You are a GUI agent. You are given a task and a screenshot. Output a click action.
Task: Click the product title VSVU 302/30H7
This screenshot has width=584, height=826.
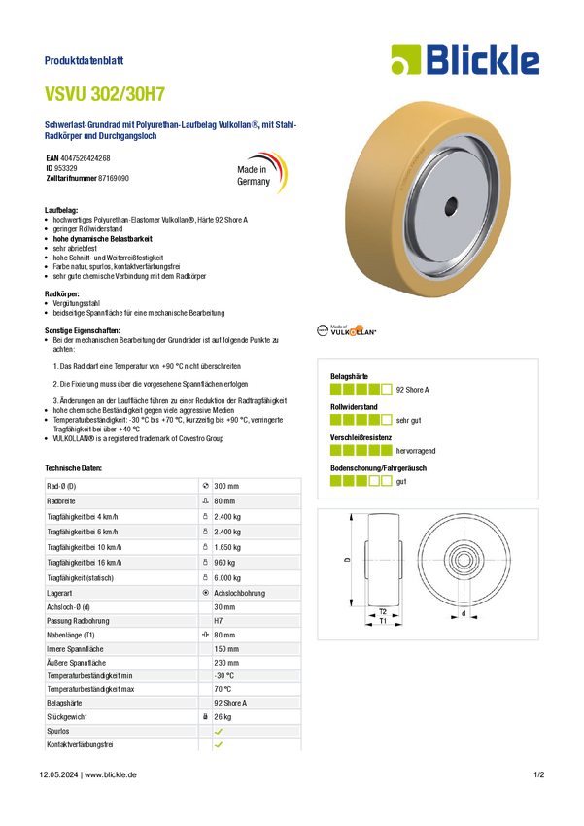105,93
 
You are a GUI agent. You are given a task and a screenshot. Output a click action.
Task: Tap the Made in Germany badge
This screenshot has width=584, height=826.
261,173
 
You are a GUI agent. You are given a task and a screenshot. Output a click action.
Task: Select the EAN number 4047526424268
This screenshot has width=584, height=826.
86,158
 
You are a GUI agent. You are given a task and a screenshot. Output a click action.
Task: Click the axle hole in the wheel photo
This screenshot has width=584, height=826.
451,205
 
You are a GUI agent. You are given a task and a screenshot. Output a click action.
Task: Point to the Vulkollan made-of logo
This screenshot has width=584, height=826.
347,330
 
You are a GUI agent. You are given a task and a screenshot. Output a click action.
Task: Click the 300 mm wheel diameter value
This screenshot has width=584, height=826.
226,486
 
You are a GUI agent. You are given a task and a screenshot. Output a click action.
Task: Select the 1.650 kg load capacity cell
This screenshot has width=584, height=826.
227,547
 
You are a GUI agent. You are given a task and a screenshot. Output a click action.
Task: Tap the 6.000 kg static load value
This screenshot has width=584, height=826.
227,578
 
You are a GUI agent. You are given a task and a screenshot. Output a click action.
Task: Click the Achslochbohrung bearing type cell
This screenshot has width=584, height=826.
240,593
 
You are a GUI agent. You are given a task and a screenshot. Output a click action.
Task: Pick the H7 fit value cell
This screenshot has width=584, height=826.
219,621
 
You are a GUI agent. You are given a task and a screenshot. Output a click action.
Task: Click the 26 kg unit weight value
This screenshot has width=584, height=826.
223,717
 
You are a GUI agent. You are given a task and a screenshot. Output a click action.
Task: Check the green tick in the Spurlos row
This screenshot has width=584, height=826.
219,731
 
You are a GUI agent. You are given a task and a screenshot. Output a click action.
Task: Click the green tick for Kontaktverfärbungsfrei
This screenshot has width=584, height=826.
219,745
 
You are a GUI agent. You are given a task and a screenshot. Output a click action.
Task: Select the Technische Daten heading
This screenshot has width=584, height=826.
73,468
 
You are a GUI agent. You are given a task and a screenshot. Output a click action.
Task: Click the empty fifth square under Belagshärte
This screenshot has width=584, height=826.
387,390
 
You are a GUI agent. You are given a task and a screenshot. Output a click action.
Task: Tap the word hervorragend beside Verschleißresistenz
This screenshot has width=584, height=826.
416,451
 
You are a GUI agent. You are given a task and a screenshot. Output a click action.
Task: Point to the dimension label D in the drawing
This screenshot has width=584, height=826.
347,560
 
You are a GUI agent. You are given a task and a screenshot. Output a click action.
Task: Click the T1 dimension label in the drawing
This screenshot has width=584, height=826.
383,621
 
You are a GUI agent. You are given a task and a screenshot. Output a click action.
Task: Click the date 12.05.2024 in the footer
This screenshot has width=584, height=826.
58,774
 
